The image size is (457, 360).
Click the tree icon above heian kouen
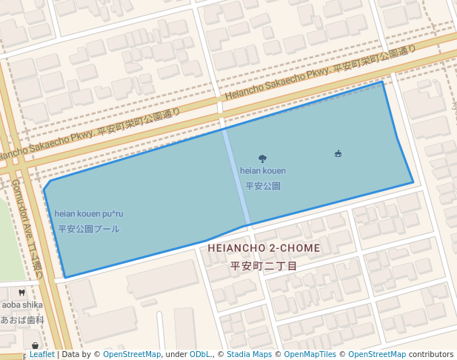tap(262, 158)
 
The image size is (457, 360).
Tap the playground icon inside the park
tap(338, 153)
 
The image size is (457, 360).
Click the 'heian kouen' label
tap(262, 171)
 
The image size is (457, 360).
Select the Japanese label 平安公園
tap(263, 186)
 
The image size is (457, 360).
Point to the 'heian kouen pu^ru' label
tap(89, 214)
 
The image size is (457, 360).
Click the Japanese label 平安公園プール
tap(89, 229)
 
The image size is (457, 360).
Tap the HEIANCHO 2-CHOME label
tap(264, 248)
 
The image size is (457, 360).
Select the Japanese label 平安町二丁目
tap(264, 266)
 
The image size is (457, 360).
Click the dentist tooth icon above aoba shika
tap(21, 293)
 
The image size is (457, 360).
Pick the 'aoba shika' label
tap(21, 304)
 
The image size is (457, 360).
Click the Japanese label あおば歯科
tap(22, 320)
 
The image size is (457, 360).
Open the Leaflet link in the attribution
tap(41, 355)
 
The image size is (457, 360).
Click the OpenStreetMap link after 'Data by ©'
tap(131, 355)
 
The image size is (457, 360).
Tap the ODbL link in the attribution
tap(200, 355)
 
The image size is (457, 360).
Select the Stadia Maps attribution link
tap(249, 355)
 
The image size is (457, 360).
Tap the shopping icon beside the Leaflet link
tap(35, 346)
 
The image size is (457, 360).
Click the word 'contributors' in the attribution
tap(430, 355)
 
